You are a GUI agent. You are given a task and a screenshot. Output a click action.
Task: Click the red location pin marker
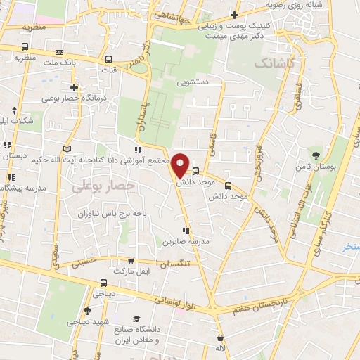click(x=181, y=165)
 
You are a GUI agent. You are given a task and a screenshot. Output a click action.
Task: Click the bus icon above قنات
click(x=108, y=60)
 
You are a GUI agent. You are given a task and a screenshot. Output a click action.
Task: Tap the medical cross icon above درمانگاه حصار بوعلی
click(x=75, y=87)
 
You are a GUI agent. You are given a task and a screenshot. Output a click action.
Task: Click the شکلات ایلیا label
click(x=17, y=121)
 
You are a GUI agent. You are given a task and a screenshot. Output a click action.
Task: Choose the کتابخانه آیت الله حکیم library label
click(x=103, y=160)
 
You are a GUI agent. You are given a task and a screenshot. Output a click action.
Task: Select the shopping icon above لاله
click(x=221, y=337)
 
